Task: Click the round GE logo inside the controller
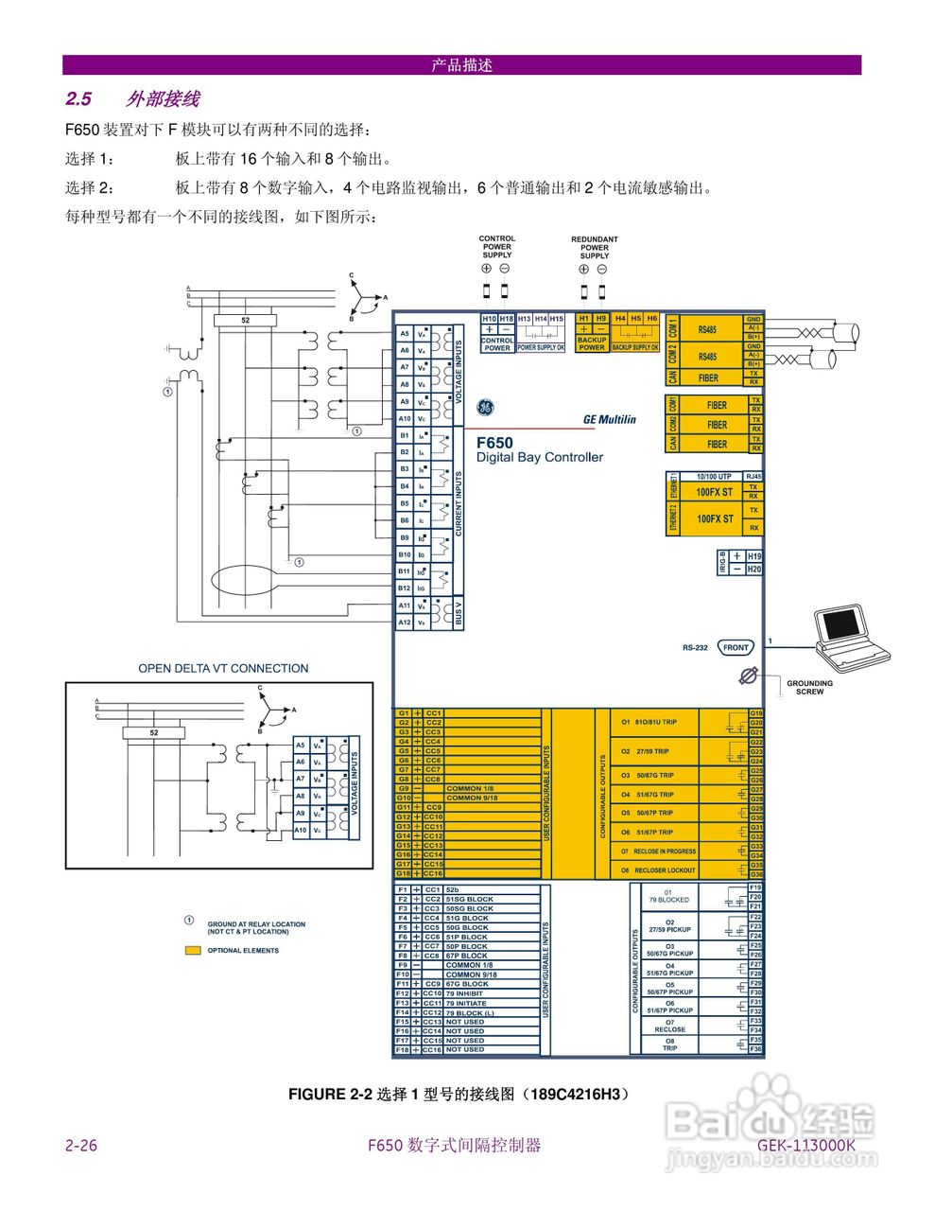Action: pyautogui.click(x=485, y=407)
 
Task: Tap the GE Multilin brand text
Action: pyautogui.click(x=609, y=419)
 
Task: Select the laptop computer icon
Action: pyautogui.click(x=850, y=637)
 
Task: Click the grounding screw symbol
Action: pyautogui.click(x=748, y=676)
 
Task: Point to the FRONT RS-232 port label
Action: pyautogui.click(x=736, y=648)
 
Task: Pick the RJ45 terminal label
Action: pyautogui.click(x=753, y=477)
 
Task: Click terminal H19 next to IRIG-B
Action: pyautogui.click(x=753, y=556)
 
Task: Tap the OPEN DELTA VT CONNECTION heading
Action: pyautogui.click(x=223, y=668)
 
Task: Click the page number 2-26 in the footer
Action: pyautogui.click(x=81, y=1146)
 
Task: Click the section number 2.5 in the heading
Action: pyautogui.click(x=78, y=99)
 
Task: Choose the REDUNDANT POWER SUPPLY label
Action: pyautogui.click(x=594, y=248)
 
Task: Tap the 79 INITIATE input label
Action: pyautogui.click(x=466, y=1003)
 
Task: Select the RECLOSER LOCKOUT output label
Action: pyautogui.click(x=664, y=869)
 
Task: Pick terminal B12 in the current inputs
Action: pyautogui.click(x=404, y=588)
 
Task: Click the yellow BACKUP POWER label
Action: pyautogui.click(x=592, y=343)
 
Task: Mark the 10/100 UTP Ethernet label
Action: pyautogui.click(x=713, y=477)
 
